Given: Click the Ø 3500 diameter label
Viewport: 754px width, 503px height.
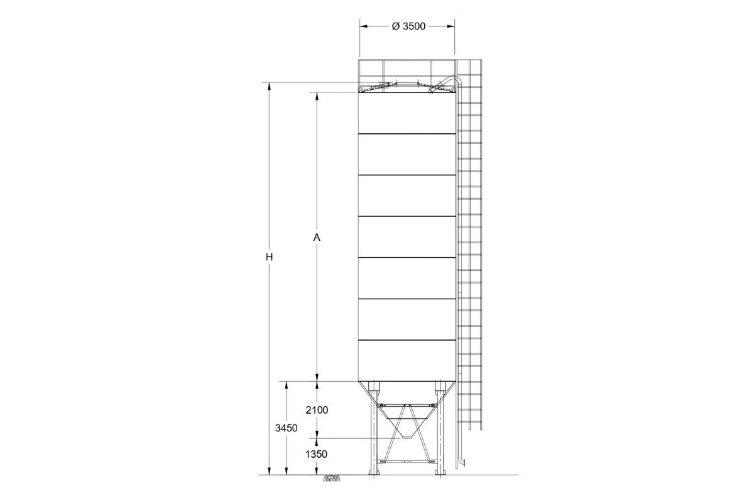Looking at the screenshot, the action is (408, 26).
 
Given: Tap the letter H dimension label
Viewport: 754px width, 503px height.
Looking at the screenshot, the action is (270, 257).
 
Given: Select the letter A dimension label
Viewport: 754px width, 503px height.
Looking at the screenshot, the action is (317, 238).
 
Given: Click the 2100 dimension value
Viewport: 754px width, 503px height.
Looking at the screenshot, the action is (317, 410).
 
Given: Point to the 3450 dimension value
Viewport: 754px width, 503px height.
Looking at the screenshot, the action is (286, 428).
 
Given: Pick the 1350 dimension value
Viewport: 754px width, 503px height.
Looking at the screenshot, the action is (317, 455).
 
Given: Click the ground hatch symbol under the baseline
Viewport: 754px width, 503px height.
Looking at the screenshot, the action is (332, 478).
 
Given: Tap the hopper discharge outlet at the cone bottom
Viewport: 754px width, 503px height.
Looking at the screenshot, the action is (407, 437).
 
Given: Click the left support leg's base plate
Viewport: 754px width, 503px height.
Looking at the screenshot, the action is (374, 473).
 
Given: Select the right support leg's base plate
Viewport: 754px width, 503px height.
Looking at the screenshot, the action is (440, 473).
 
